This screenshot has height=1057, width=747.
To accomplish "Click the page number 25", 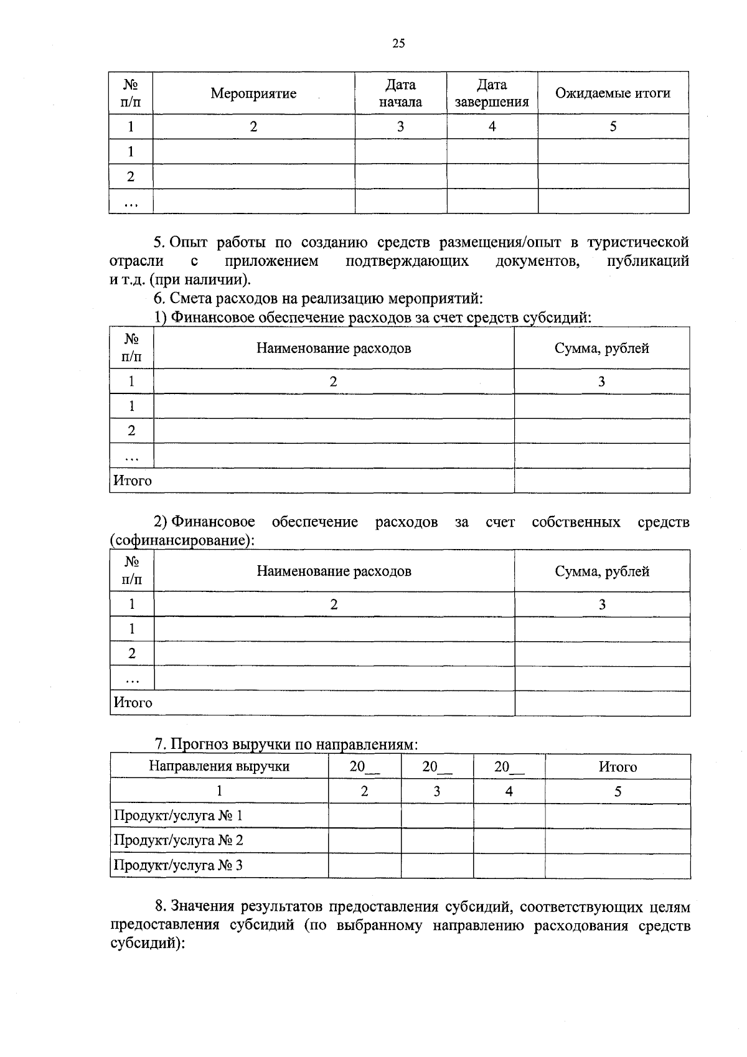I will point(398,43).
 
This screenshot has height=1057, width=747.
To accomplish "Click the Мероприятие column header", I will point(253,93).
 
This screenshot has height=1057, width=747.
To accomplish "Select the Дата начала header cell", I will point(400,93).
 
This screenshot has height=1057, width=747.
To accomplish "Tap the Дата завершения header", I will point(492,93).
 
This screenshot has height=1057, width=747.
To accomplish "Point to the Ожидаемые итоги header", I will point(613,93).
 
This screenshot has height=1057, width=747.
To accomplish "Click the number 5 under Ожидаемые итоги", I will point(613,126).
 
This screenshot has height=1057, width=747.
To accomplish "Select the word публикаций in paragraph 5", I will point(647,261).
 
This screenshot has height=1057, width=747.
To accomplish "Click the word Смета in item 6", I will point(191,299).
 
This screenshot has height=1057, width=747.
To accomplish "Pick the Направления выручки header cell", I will point(219,766).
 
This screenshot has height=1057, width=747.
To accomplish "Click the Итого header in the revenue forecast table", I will point(618,767).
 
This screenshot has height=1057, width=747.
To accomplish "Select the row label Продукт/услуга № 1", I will point(178,815).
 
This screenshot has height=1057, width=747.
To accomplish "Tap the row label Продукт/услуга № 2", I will point(178,840).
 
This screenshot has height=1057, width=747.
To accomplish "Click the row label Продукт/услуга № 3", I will point(178,865).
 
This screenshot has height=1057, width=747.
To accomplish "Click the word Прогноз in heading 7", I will point(199,744).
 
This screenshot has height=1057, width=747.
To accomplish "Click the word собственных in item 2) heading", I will point(576,522).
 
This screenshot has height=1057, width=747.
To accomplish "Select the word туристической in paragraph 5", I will point(638,242).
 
